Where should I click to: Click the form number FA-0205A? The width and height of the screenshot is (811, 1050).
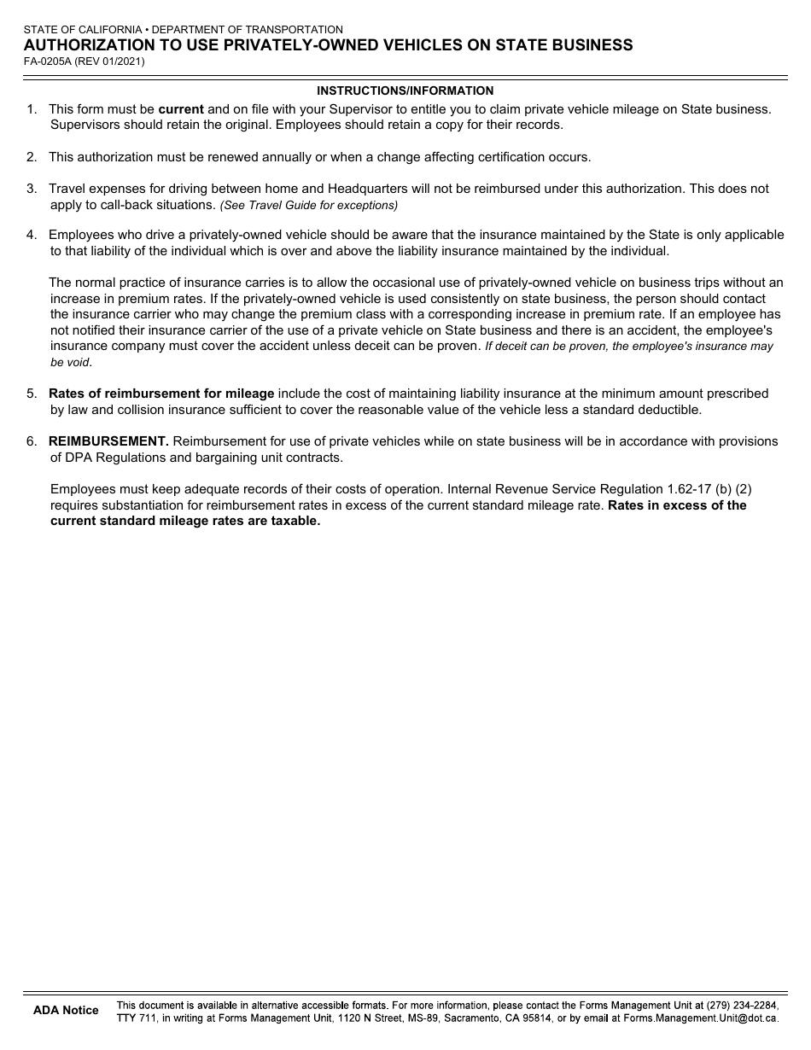[x=46, y=61]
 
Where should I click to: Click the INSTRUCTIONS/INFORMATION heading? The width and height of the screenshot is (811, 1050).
[x=405, y=90]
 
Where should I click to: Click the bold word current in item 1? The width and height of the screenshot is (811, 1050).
[x=181, y=109]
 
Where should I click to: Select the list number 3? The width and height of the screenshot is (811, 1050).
[x=31, y=189]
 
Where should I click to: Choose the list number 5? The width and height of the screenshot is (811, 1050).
[x=31, y=394]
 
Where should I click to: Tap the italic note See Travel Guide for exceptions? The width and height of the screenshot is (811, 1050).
[x=309, y=206]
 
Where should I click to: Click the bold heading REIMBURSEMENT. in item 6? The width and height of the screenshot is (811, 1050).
[x=108, y=441]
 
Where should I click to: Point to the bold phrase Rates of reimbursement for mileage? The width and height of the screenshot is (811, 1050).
[x=161, y=394]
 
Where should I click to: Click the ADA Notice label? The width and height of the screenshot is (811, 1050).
[x=66, y=1011]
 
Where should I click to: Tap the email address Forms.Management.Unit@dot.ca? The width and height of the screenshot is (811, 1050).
[x=700, y=1018]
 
